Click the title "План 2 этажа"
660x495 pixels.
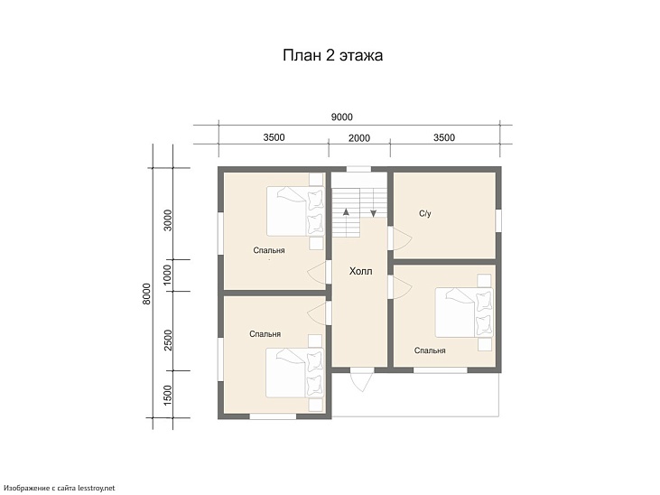click(x=332, y=55)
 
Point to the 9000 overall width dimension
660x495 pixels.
click(x=341, y=117)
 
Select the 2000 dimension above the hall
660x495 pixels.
click(x=359, y=138)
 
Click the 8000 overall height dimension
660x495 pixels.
click(x=146, y=294)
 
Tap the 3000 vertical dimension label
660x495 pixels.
click(x=168, y=219)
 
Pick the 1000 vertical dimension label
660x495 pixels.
click(x=168, y=275)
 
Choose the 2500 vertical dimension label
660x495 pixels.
click(x=168, y=340)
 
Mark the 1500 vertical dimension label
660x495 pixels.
click(x=168, y=395)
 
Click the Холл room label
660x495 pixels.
click(x=361, y=271)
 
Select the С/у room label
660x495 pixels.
click(x=425, y=213)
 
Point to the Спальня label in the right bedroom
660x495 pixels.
click(x=430, y=350)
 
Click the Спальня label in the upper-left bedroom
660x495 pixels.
click(x=269, y=250)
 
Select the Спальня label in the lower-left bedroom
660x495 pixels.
click(x=265, y=334)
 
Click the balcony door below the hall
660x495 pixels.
click(x=362, y=380)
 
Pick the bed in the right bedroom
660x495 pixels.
click(x=464, y=313)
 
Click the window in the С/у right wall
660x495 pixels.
click(x=498, y=220)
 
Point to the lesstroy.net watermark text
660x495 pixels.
click(x=60, y=489)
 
